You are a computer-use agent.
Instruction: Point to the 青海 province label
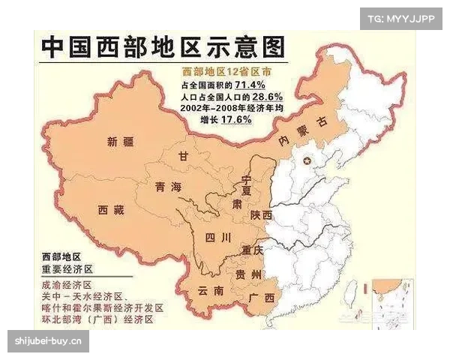point(166,187)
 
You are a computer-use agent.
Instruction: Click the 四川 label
point(217,238)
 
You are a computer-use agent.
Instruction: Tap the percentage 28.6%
point(267,97)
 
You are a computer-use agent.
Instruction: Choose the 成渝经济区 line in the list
point(67,285)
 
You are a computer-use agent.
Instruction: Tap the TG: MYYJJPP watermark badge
point(401,18)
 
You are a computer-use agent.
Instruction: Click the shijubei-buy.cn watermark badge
point(48,342)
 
